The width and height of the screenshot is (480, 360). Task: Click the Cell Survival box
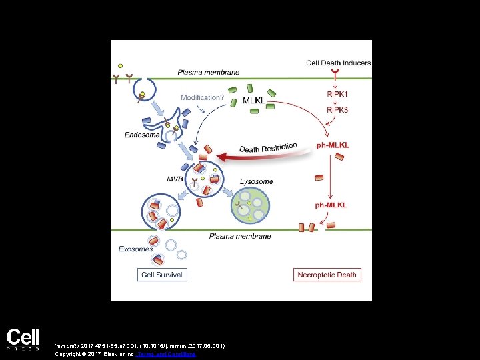[162, 275]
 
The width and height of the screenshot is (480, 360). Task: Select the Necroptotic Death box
[327, 275]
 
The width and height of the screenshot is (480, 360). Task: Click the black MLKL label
[253, 101]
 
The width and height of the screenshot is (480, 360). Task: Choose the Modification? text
[202, 97]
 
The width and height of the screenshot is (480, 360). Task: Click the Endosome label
[142, 135]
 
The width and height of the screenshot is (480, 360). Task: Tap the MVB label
[175, 178]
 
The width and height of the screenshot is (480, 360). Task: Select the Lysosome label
[257, 181]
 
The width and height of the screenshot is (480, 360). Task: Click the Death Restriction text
[268, 148]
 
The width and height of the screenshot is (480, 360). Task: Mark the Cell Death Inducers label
[338, 63]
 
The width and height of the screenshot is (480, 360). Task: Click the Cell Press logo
[23, 339]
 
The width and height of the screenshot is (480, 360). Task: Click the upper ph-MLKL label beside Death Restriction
[333, 145]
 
